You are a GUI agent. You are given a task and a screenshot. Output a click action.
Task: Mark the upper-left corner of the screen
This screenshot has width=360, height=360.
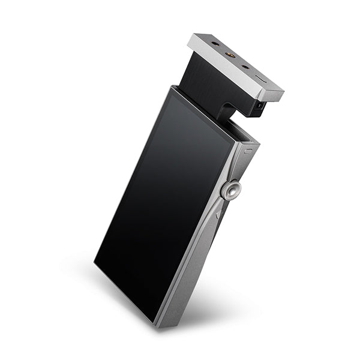pos(172,90)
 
